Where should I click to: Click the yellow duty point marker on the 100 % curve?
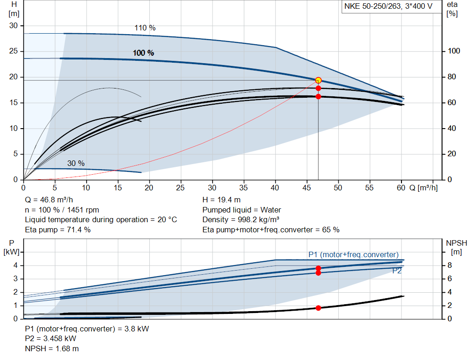(x=318, y=80)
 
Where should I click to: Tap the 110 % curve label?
(x=145, y=28)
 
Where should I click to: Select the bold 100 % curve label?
(x=143, y=53)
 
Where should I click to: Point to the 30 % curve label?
(x=76, y=163)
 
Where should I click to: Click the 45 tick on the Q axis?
(x=307, y=188)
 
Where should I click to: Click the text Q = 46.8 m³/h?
(x=49, y=200)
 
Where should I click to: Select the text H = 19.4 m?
(x=221, y=200)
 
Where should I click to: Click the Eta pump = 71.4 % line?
(x=58, y=230)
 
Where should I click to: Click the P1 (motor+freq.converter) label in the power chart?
(x=353, y=254)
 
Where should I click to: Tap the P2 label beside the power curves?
(x=397, y=271)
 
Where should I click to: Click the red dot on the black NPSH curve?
(x=318, y=307)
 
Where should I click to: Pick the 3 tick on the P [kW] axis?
(x=15, y=279)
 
